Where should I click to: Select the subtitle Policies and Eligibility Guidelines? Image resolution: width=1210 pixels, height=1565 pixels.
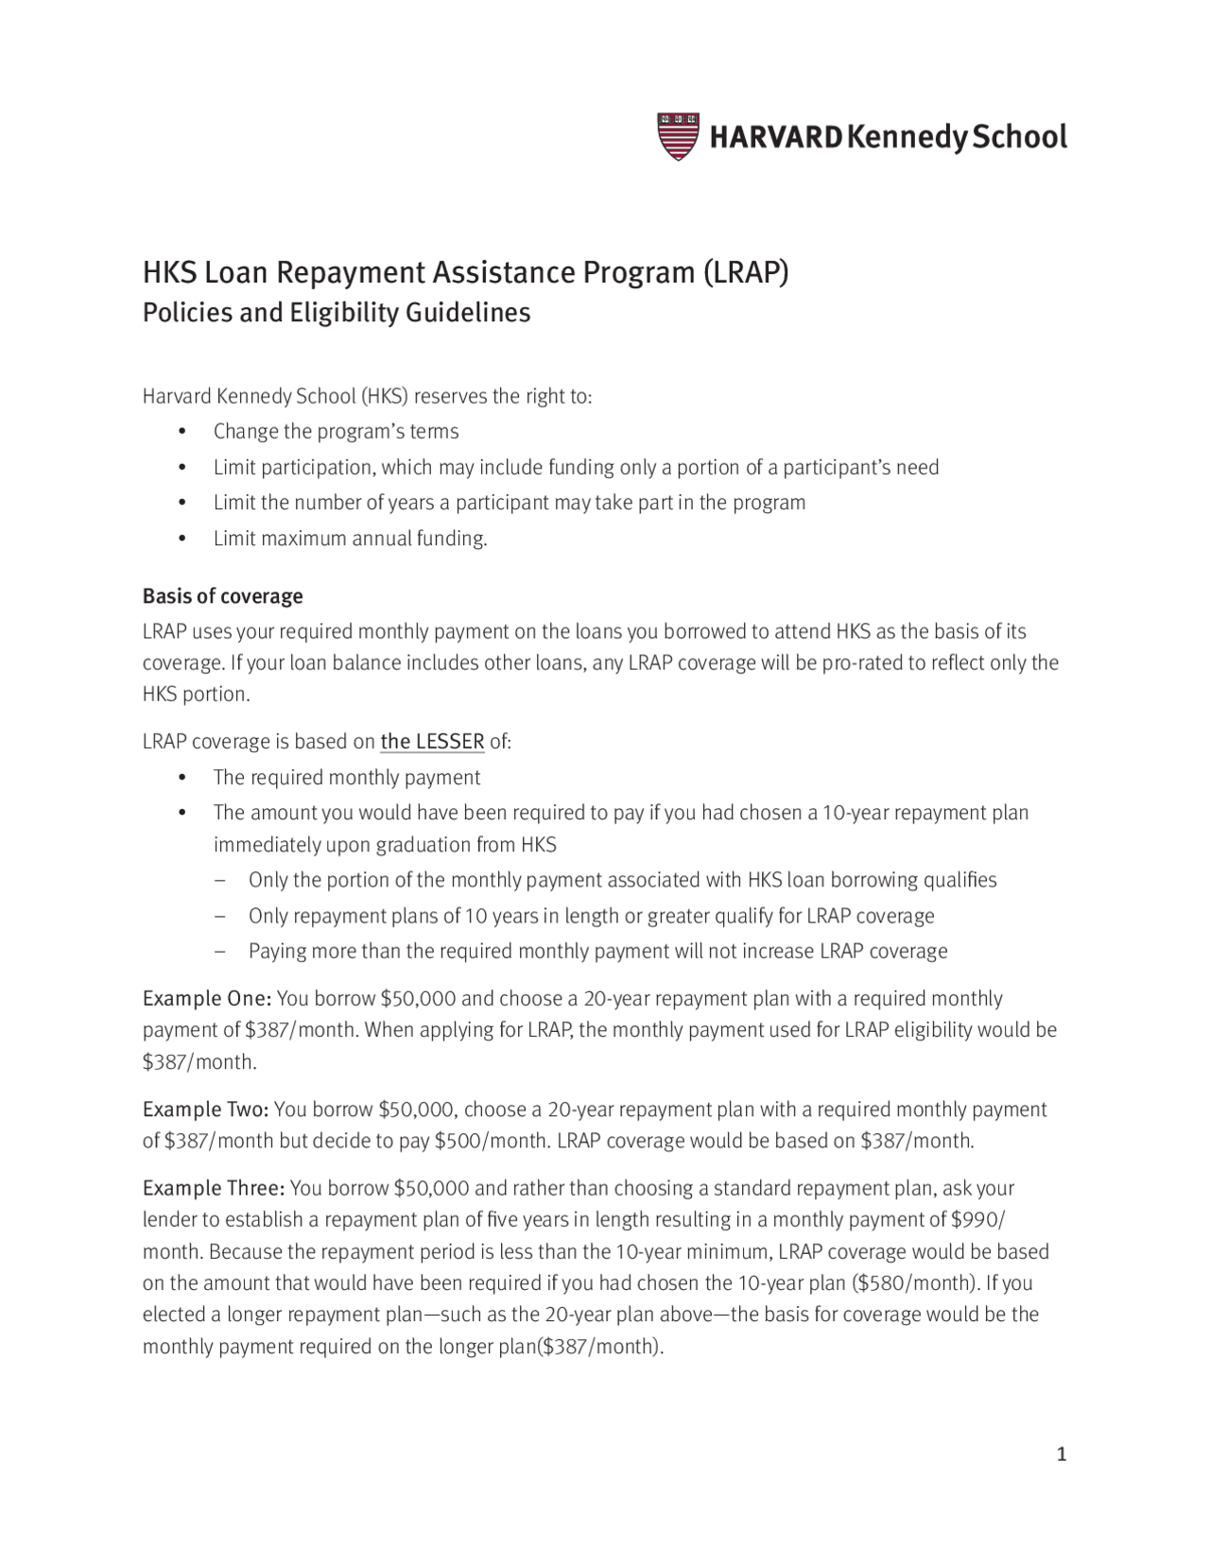point(336,313)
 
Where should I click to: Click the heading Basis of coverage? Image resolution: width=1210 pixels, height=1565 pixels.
point(222,596)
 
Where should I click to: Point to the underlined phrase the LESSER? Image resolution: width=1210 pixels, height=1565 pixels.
point(432,742)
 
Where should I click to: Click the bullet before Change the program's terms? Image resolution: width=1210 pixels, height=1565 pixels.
point(182,433)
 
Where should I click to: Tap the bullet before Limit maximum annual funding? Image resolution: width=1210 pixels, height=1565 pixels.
point(182,540)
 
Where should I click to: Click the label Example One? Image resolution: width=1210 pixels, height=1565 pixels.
point(207,999)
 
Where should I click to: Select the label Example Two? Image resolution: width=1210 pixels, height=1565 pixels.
point(206,1109)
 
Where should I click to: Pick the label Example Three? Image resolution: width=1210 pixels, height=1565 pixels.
point(214,1188)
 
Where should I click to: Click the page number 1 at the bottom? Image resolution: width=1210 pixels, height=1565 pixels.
point(1061,1454)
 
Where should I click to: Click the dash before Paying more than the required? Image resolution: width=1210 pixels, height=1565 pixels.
point(220,952)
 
